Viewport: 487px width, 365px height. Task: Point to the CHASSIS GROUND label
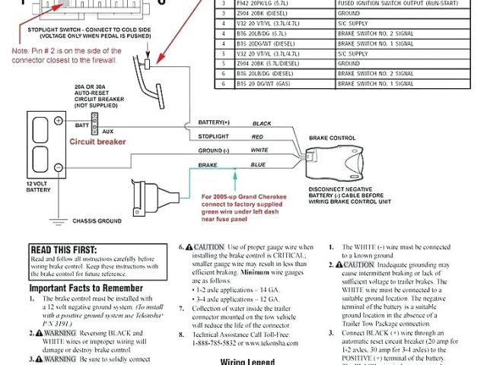point(97,221)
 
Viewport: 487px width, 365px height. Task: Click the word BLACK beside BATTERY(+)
point(261,123)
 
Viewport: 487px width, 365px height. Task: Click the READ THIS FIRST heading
point(63,249)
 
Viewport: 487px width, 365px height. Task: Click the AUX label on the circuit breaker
point(108,131)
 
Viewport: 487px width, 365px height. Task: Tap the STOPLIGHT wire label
point(214,137)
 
